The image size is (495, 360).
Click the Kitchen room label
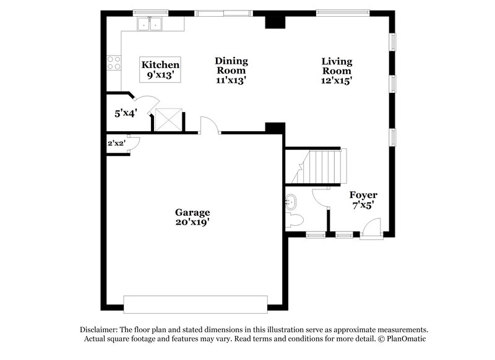pyautogui.click(x=160, y=65)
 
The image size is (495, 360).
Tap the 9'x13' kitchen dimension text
pyautogui.click(x=160, y=75)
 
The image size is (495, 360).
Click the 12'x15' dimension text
pyautogui.click(x=337, y=80)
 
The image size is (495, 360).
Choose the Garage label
pyautogui.click(x=192, y=212)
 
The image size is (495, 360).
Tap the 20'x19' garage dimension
pyautogui.click(x=192, y=222)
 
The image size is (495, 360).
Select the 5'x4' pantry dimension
pyautogui.click(x=126, y=113)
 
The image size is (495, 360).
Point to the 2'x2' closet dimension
pyautogui.click(x=116, y=144)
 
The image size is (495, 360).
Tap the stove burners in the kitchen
pyautogui.click(x=114, y=62)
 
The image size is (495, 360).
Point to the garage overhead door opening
pyautogui.click(x=196, y=304)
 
